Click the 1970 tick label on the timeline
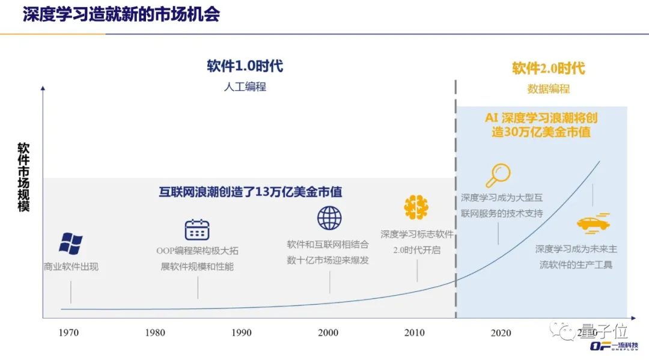[x=69, y=333]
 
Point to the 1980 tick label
[x=155, y=333]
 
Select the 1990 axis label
[x=242, y=333]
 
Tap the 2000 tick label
[x=328, y=333]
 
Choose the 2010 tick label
[x=415, y=333]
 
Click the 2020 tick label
[x=501, y=333]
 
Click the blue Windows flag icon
[x=71, y=243]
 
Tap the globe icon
[x=329, y=218]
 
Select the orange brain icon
[x=416, y=207]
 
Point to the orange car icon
[x=593, y=224]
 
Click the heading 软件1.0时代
[x=245, y=66]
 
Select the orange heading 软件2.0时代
[x=548, y=68]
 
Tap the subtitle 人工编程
[x=245, y=87]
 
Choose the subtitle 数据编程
[x=548, y=89]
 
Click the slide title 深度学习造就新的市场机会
[x=121, y=14]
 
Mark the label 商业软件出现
[x=71, y=266]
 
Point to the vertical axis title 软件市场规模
[x=23, y=177]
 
